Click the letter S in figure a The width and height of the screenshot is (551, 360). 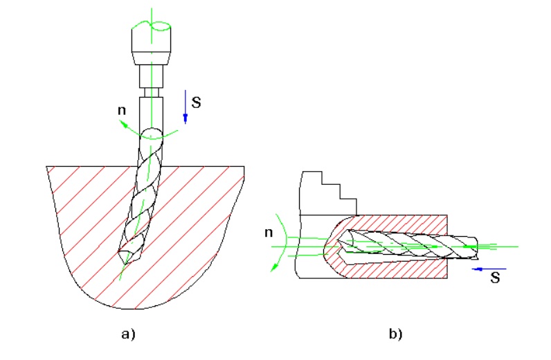point(196,102)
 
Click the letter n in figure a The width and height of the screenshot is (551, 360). point(122,110)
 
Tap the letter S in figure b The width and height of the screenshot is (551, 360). point(495,278)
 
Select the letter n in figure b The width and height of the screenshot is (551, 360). point(269,233)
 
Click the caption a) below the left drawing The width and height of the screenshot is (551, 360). point(128,334)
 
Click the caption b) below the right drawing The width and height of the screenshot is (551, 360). point(396,334)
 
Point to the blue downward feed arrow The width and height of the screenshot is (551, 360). point(186,107)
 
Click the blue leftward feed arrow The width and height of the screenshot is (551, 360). point(489,269)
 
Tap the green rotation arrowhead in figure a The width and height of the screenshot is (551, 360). point(123,123)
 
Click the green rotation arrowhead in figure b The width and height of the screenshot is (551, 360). point(273,267)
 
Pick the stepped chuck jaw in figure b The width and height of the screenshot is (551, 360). point(328,193)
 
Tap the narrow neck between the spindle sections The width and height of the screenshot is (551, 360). point(152,93)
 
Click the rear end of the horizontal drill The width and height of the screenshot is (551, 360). point(477,248)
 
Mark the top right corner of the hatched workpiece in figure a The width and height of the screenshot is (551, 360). point(244,166)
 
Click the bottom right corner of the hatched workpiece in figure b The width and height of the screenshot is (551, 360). point(447,278)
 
